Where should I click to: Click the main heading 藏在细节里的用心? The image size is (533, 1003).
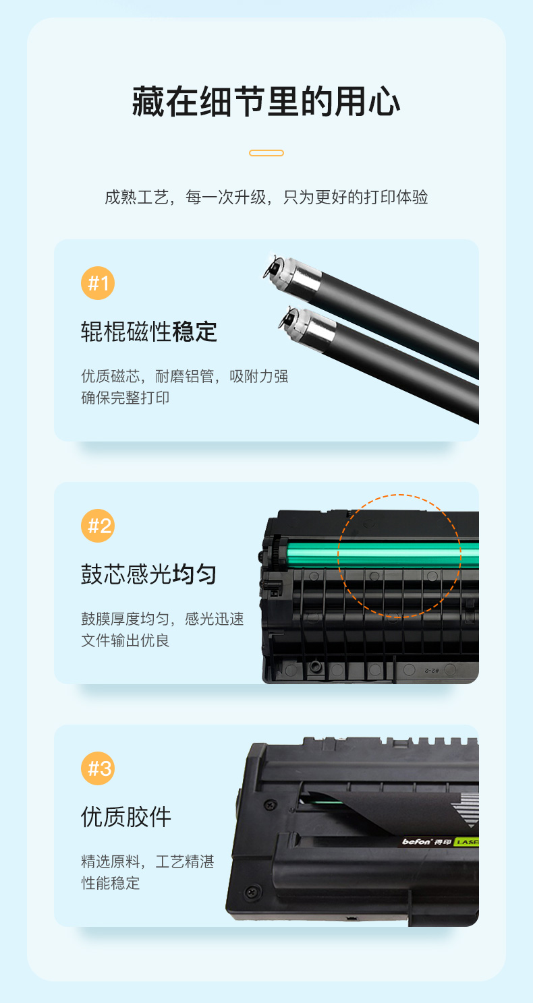[266, 102]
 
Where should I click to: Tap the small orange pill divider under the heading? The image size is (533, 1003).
[266, 153]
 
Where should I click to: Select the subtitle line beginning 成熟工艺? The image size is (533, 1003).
[266, 197]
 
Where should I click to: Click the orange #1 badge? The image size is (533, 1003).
[98, 283]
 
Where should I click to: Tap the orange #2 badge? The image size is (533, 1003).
[98, 526]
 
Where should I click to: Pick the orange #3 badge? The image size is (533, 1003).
[98, 768]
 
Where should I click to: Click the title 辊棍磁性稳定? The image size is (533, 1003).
[149, 332]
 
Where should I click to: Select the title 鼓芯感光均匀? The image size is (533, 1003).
[149, 574]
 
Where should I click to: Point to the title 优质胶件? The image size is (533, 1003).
[126, 817]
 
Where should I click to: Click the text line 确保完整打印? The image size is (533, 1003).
[125, 398]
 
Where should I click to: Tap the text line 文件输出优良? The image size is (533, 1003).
[125, 640]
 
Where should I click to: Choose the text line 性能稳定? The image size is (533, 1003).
[110, 883]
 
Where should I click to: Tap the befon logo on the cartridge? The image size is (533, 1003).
[416, 842]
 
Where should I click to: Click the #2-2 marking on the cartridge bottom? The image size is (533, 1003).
[431, 670]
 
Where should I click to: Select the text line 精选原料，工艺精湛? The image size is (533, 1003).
[148, 861]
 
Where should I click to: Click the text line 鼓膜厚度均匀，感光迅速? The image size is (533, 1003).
[163, 619]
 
